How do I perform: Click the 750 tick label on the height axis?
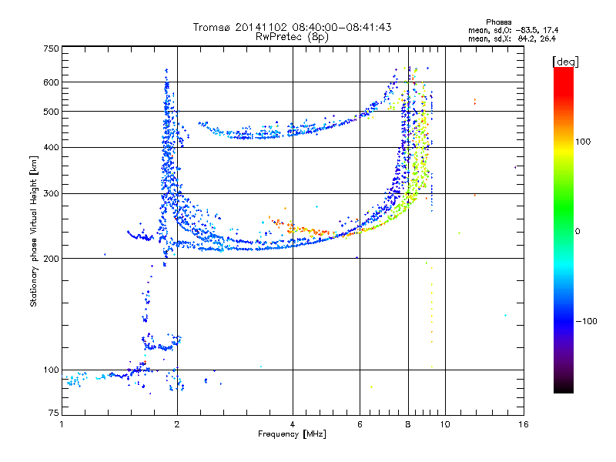[52, 48]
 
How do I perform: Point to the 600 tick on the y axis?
[52, 82]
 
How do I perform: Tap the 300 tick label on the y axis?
[52, 193]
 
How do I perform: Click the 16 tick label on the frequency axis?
[523, 423]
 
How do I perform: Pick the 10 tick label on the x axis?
[444, 423]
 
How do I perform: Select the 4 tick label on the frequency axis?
[293, 423]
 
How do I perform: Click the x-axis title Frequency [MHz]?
[292, 434]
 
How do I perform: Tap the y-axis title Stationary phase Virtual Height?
[34, 231]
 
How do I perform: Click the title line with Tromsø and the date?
[292, 27]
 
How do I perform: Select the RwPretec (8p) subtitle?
[292, 36]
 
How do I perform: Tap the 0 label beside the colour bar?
[578, 231]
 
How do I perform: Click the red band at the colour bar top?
[563, 72]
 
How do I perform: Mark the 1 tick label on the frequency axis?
[62, 423]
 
